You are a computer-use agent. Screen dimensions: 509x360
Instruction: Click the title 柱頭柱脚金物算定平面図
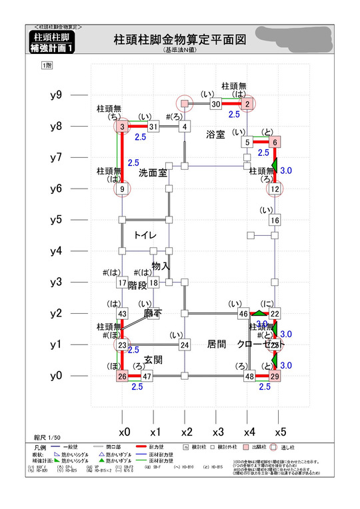pos(179,40)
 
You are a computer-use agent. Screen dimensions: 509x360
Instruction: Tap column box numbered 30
pos(215,104)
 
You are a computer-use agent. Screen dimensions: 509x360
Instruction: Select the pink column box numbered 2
pos(247,104)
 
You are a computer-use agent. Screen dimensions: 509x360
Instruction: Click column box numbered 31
pos(153,127)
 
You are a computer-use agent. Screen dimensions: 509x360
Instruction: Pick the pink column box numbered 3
pos(122,127)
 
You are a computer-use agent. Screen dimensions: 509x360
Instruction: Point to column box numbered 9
pos(122,189)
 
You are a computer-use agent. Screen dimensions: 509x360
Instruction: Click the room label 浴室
pos(215,134)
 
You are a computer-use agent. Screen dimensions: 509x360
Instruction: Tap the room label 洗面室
pos(152,173)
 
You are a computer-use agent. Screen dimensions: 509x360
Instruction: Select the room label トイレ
pos(145,235)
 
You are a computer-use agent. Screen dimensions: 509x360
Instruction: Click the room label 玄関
pos(153,360)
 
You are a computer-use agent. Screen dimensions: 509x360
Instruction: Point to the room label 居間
pos(217,344)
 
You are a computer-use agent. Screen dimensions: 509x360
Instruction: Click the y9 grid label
pos(57,95)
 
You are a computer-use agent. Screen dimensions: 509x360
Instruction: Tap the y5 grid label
pos(57,220)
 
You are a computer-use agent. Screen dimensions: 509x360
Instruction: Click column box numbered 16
pos(275,220)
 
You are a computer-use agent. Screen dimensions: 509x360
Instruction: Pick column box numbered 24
pos(185,344)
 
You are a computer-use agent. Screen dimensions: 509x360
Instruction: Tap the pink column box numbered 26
pos(122,376)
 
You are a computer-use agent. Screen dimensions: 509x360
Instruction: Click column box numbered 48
pos(249,376)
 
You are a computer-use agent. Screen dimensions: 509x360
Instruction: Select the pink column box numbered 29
pos(275,376)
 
